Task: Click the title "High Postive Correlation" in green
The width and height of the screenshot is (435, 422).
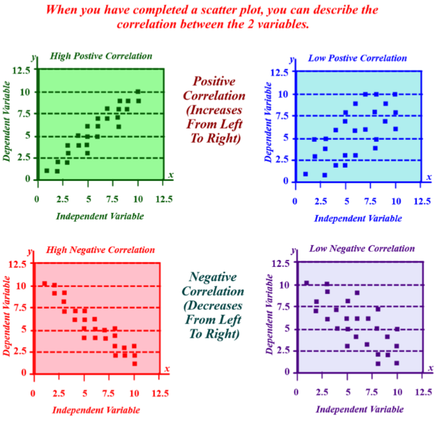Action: tap(101, 56)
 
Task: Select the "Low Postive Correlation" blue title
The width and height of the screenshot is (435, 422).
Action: tap(357, 58)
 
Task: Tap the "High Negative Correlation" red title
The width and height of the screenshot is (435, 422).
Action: tap(101, 250)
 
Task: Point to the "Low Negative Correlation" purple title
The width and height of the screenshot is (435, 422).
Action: tap(362, 248)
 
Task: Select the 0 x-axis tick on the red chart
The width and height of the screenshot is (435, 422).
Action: tap(33, 392)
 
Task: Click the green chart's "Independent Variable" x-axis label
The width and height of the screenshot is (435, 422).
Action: tap(100, 216)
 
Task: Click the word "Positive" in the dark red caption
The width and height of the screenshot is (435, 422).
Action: tap(214, 81)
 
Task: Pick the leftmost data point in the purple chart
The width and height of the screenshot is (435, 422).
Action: tap(306, 283)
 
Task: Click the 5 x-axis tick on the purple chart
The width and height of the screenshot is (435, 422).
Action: tap(347, 392)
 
